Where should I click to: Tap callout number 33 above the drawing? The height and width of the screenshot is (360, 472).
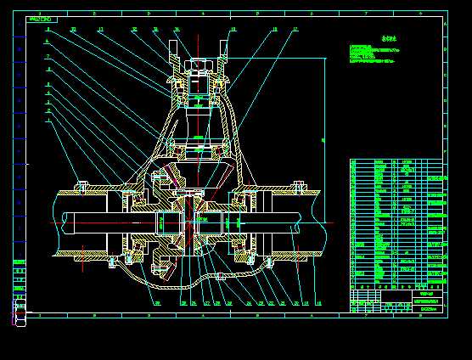point(73,30)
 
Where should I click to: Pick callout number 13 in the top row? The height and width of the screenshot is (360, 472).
point(100,30)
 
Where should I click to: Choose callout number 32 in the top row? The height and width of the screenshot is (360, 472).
point(134,30)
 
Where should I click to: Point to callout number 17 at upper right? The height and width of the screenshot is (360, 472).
point(295,30)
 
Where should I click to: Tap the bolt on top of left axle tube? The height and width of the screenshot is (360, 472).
point(82,183)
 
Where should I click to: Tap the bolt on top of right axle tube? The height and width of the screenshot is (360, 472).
point(296,183)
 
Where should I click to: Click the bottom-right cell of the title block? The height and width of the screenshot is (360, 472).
point(430,309)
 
